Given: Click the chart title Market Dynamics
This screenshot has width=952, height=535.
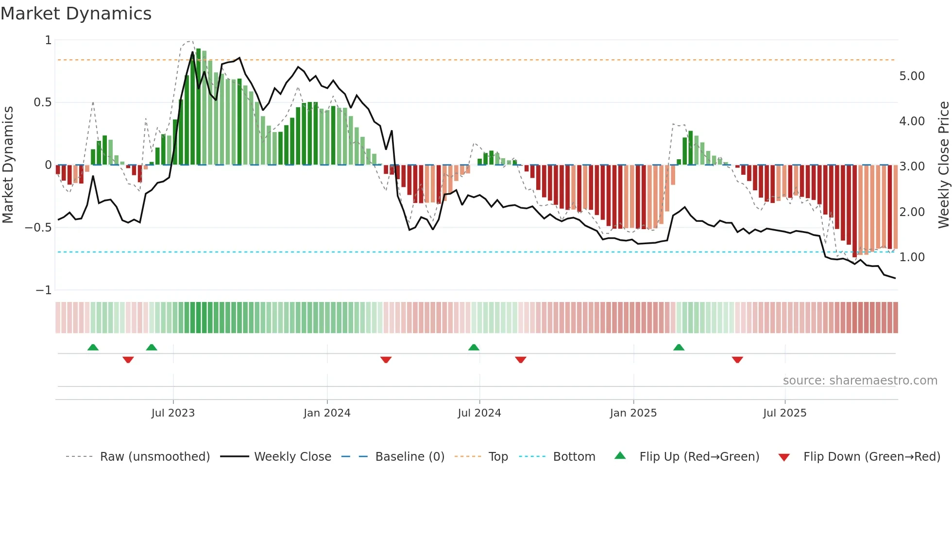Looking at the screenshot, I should tap(76, 14).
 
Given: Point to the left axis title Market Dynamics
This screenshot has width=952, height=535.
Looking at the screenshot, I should tap(8, 165).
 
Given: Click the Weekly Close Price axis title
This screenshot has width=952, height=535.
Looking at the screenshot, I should tap(943, 165).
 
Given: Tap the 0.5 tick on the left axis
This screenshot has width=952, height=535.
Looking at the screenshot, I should tap(42, 102).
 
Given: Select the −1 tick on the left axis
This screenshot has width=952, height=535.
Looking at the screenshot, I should tap(44, 290).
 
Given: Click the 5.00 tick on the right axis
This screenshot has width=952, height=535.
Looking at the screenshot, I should tap(912, 76).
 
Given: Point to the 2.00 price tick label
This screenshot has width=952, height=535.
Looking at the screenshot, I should tap(912, 212).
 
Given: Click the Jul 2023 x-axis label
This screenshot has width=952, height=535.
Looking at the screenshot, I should tap(173, 413).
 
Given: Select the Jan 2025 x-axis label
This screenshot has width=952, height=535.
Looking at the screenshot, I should tap(633, 413).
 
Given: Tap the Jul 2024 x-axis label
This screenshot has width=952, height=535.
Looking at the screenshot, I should tap(479, 413).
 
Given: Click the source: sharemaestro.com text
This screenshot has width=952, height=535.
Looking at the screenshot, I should tap(860, 381).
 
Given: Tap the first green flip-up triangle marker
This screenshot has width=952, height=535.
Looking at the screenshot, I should tap(93, 347).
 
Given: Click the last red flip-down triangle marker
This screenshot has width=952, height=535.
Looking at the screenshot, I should tap(737, 360).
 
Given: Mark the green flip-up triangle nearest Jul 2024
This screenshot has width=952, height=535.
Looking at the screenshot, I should tap(474, 347).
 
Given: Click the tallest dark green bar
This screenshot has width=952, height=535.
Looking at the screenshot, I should tap(198, 107).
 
